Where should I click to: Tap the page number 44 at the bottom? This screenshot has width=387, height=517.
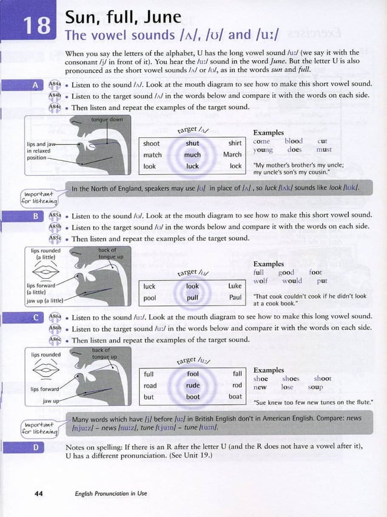(x=39, y=493)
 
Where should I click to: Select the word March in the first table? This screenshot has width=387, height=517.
(x=232, y=154)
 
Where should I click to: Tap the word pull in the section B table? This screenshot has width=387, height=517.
(x=192, y=298)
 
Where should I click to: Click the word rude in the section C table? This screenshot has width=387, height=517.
(x=192, y=385)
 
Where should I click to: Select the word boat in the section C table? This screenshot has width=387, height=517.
(x=235, y=396)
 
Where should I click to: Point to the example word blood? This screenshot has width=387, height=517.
(x=293, y=140)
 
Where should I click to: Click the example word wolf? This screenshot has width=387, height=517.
(x=260, y=281)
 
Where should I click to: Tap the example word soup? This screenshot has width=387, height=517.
(x=315, y=387)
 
